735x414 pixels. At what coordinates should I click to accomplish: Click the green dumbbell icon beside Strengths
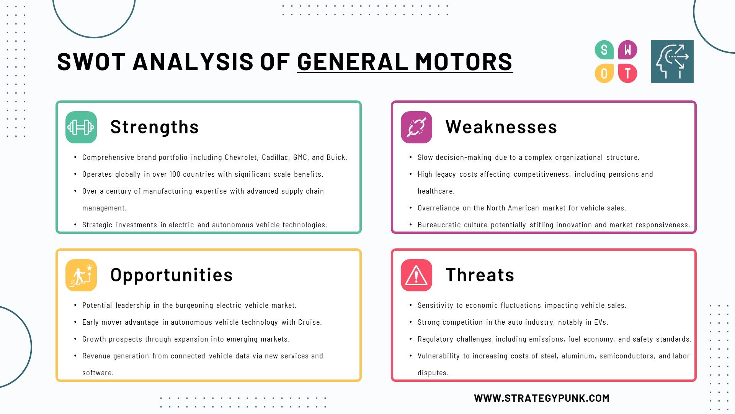[x=81, y=127]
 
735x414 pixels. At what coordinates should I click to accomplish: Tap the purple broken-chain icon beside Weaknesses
[x=416, y=127]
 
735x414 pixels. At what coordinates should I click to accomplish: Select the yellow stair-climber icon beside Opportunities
[x=81, y=275]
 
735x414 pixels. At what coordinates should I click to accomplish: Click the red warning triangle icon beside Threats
[x=416, y=275]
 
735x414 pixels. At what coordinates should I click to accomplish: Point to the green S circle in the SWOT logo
[x=604, y=50]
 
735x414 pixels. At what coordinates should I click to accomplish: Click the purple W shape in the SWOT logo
[x=628, y=50]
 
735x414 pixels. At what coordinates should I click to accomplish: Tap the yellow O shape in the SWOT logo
[x=604, y=73]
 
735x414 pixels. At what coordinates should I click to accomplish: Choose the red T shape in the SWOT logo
[x=628, y=73]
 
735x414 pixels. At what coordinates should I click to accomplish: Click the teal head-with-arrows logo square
[x=672, y=61]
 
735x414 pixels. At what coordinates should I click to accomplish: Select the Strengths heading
[x=155, y=127]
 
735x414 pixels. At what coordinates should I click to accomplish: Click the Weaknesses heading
[x=501, y=127]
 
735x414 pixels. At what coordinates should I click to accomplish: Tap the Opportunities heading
[x=171, y=275]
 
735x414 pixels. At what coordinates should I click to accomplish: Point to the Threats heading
[x=480, y=275]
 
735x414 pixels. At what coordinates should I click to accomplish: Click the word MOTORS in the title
[x=464, y=62]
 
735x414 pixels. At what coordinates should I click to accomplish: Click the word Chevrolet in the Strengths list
[x=241, y=157]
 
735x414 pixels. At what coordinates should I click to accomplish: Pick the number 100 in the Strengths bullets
[x=175, y=174]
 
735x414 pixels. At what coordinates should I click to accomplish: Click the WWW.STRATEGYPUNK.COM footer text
[x=542, y=398]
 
